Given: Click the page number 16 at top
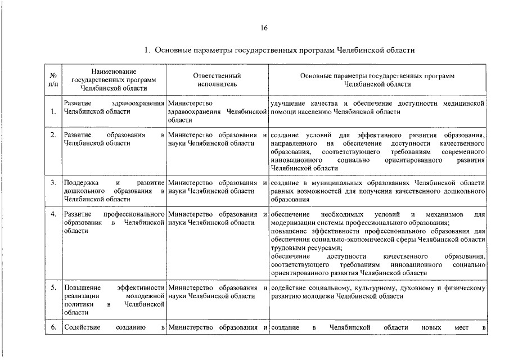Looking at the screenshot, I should (x=264, y=29).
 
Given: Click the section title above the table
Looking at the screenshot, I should (x=280, y=51).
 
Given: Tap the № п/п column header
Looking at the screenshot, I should (x=52, y=80).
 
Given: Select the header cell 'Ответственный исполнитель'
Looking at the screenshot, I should (x=217, y=79).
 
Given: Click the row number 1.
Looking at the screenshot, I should (x=52, y=111).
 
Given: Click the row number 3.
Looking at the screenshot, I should (x=52, y=183).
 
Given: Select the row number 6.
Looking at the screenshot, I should (x=52, y=327).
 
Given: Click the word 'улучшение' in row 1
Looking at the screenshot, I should (x=288, y=103).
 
